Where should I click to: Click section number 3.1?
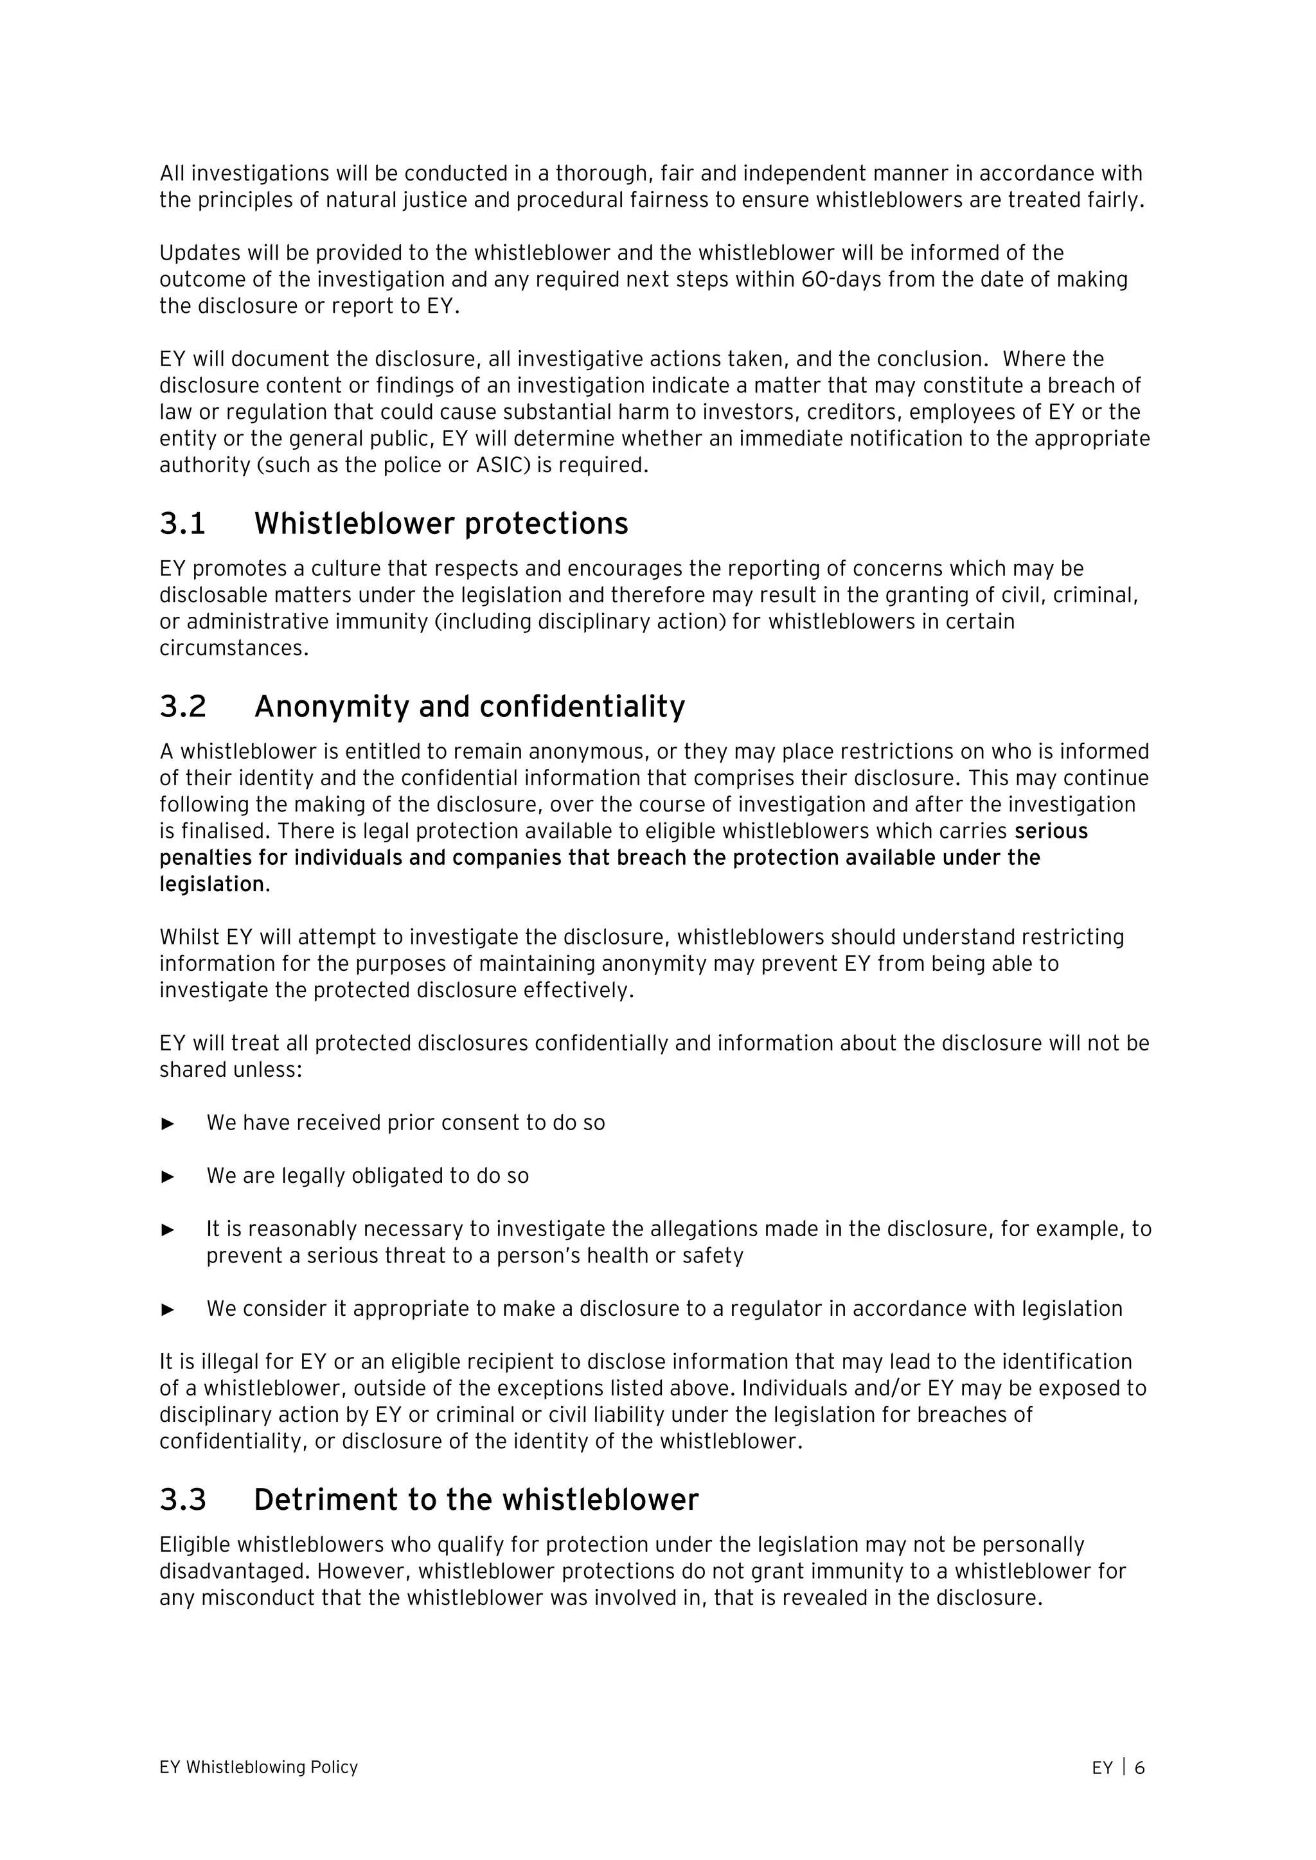point(182,524)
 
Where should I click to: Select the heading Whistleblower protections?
point(441,524)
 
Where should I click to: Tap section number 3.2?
point(183,707)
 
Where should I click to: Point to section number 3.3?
point(183,1500)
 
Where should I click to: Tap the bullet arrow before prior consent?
point(168,1124)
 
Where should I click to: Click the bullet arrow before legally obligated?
point(168,1177)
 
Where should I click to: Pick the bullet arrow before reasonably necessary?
point(168,1230)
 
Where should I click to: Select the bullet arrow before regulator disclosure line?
point(168,1309)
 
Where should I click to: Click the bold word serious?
point(1051,831)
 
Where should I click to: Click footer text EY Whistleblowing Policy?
point(258,1767)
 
